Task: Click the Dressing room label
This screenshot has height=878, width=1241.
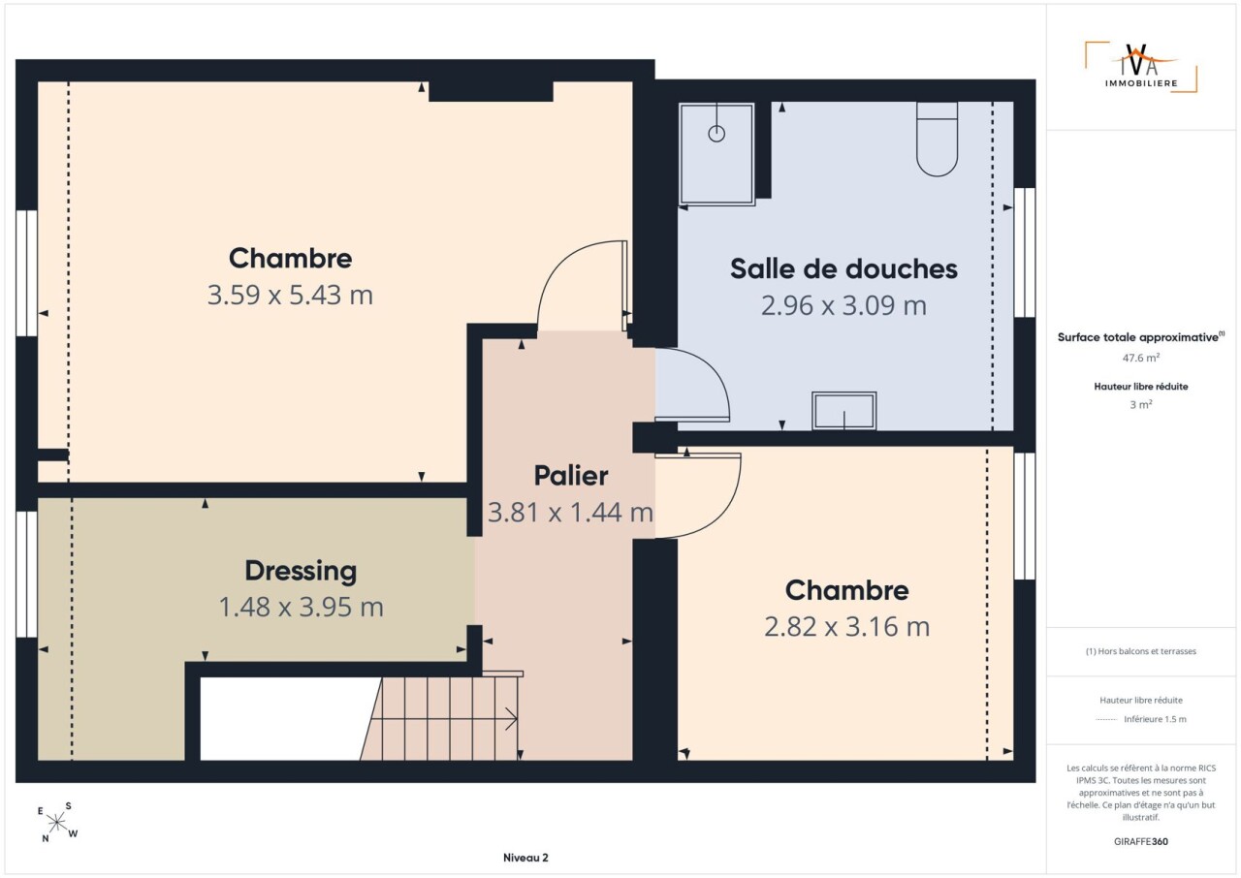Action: point(301,572)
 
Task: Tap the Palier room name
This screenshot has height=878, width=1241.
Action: point(571,476)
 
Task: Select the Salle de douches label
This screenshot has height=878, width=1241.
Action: point(843,268)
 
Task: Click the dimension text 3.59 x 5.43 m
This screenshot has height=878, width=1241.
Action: point(290,295)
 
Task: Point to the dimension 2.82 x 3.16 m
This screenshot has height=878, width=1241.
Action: point(846,627)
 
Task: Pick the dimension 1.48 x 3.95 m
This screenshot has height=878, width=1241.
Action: point(301,607)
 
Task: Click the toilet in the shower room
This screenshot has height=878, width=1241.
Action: point(937,139)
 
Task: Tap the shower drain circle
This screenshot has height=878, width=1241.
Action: point(716,134)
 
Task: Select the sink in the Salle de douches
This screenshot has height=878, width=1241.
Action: point(843,411)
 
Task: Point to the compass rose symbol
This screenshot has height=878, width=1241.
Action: point(57,823)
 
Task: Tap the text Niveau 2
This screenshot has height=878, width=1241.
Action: point(525,858)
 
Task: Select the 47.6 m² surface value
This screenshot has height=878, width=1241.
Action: point(1141,358)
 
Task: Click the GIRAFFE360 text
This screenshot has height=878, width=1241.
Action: point(1141,841)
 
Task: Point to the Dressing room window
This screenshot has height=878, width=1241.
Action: point(26,574)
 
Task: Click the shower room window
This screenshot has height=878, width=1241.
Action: point(1025,252)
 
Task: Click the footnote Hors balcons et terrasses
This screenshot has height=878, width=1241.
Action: point(1141,651)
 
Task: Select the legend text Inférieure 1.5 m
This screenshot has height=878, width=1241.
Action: point(1155,719)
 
